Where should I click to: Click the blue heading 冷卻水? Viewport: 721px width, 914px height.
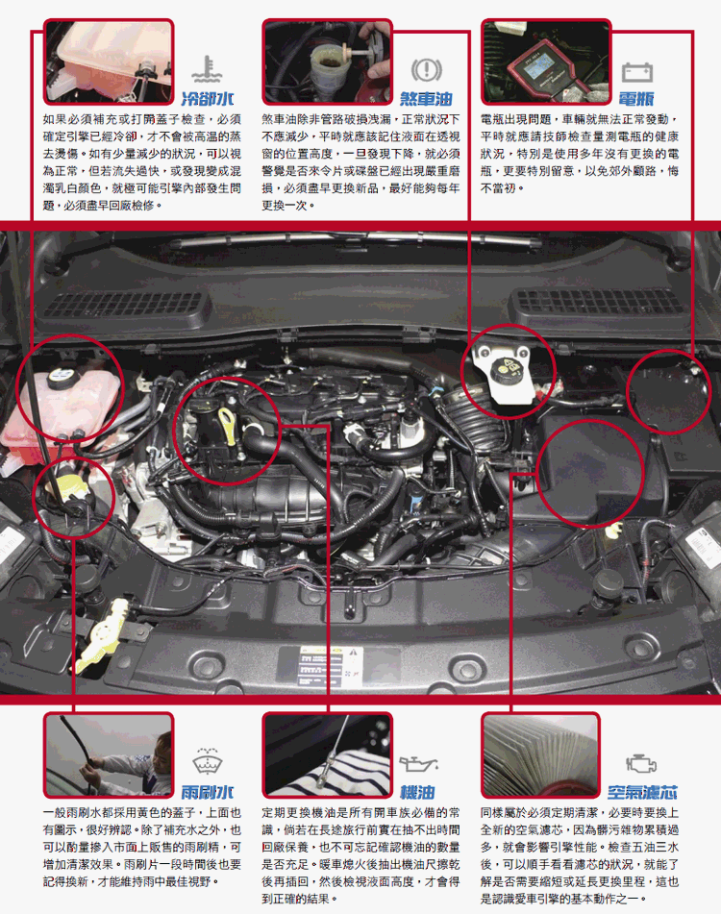click(208, 98)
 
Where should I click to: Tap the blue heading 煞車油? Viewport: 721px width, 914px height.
click(426, 98)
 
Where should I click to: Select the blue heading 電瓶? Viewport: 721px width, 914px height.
click(635, 98)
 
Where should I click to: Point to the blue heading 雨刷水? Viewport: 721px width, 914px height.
click(208, 792)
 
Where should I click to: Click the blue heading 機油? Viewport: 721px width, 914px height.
click(417, 792)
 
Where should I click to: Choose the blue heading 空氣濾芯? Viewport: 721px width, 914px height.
click(642, 792)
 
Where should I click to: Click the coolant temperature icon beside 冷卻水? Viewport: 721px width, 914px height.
click(207, 69)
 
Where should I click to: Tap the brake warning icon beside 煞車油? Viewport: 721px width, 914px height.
click(427, 70)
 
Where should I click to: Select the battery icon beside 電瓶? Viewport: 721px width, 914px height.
click(637, 72)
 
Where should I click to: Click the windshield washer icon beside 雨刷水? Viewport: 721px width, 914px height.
click(208, 761)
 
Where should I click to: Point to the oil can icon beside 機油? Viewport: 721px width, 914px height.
click(418, 763)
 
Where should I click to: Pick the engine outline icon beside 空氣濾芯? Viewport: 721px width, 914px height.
click(641, 763)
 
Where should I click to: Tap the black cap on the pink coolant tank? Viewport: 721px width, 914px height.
click(61, 378)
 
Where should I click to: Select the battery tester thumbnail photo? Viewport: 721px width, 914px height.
click(546, 62)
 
